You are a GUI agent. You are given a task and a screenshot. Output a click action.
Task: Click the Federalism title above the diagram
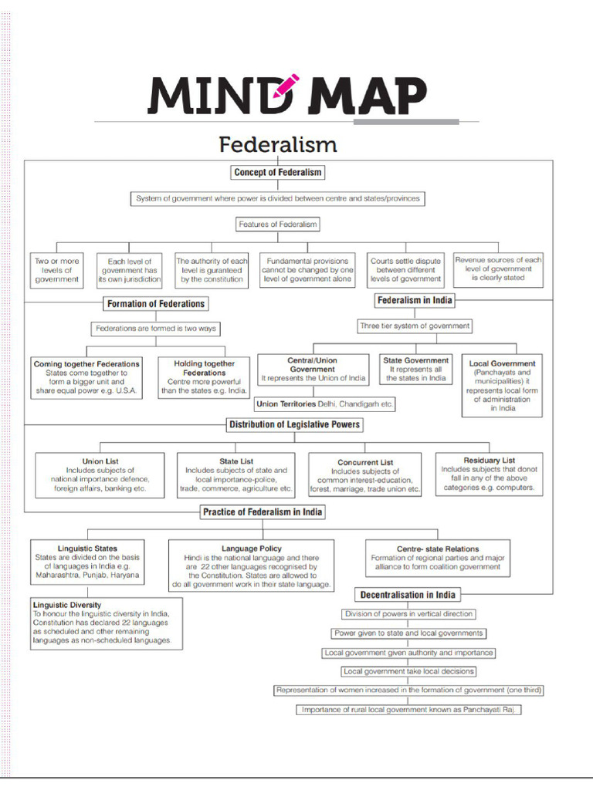click(x=277, y=144)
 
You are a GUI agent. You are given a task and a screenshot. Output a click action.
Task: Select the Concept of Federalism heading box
click(x=277, y=172)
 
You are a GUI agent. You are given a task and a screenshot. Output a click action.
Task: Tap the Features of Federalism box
click(x=277, y=225)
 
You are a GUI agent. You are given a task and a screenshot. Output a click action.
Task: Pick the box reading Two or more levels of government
click(x=56, y=271)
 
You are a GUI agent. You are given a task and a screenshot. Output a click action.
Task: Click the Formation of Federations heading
click(x=156, y=304)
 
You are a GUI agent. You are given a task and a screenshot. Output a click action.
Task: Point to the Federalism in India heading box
click(x=415, y=300)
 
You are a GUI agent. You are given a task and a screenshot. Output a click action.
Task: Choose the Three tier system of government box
click(x=415, y=326)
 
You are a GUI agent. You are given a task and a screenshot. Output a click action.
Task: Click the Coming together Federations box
click(x=86, y=377)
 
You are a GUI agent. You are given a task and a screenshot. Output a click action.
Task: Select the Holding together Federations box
click(x=200, y=377)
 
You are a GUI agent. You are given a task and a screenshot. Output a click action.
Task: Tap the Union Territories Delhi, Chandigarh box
click(x=324, y=403)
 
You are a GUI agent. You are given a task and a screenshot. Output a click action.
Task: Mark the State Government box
click(x=415, y=370)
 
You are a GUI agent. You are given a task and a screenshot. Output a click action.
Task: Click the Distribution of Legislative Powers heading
click(x=294, y=425)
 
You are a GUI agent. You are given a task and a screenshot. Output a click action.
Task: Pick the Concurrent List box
click(x=365, y=475)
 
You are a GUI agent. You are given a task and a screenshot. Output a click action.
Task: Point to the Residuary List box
click(x=489, y=474)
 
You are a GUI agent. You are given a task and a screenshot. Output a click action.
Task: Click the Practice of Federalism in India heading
click(x=263, y=512)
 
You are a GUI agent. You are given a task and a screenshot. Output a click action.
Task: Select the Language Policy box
click(x=251, y=566)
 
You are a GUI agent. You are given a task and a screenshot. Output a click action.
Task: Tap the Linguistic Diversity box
click(x=107, y=623)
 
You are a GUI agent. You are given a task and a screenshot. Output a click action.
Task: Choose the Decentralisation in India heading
click(x=408, y=595)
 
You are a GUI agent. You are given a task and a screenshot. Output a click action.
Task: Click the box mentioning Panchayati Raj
click(x=408, y=710)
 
